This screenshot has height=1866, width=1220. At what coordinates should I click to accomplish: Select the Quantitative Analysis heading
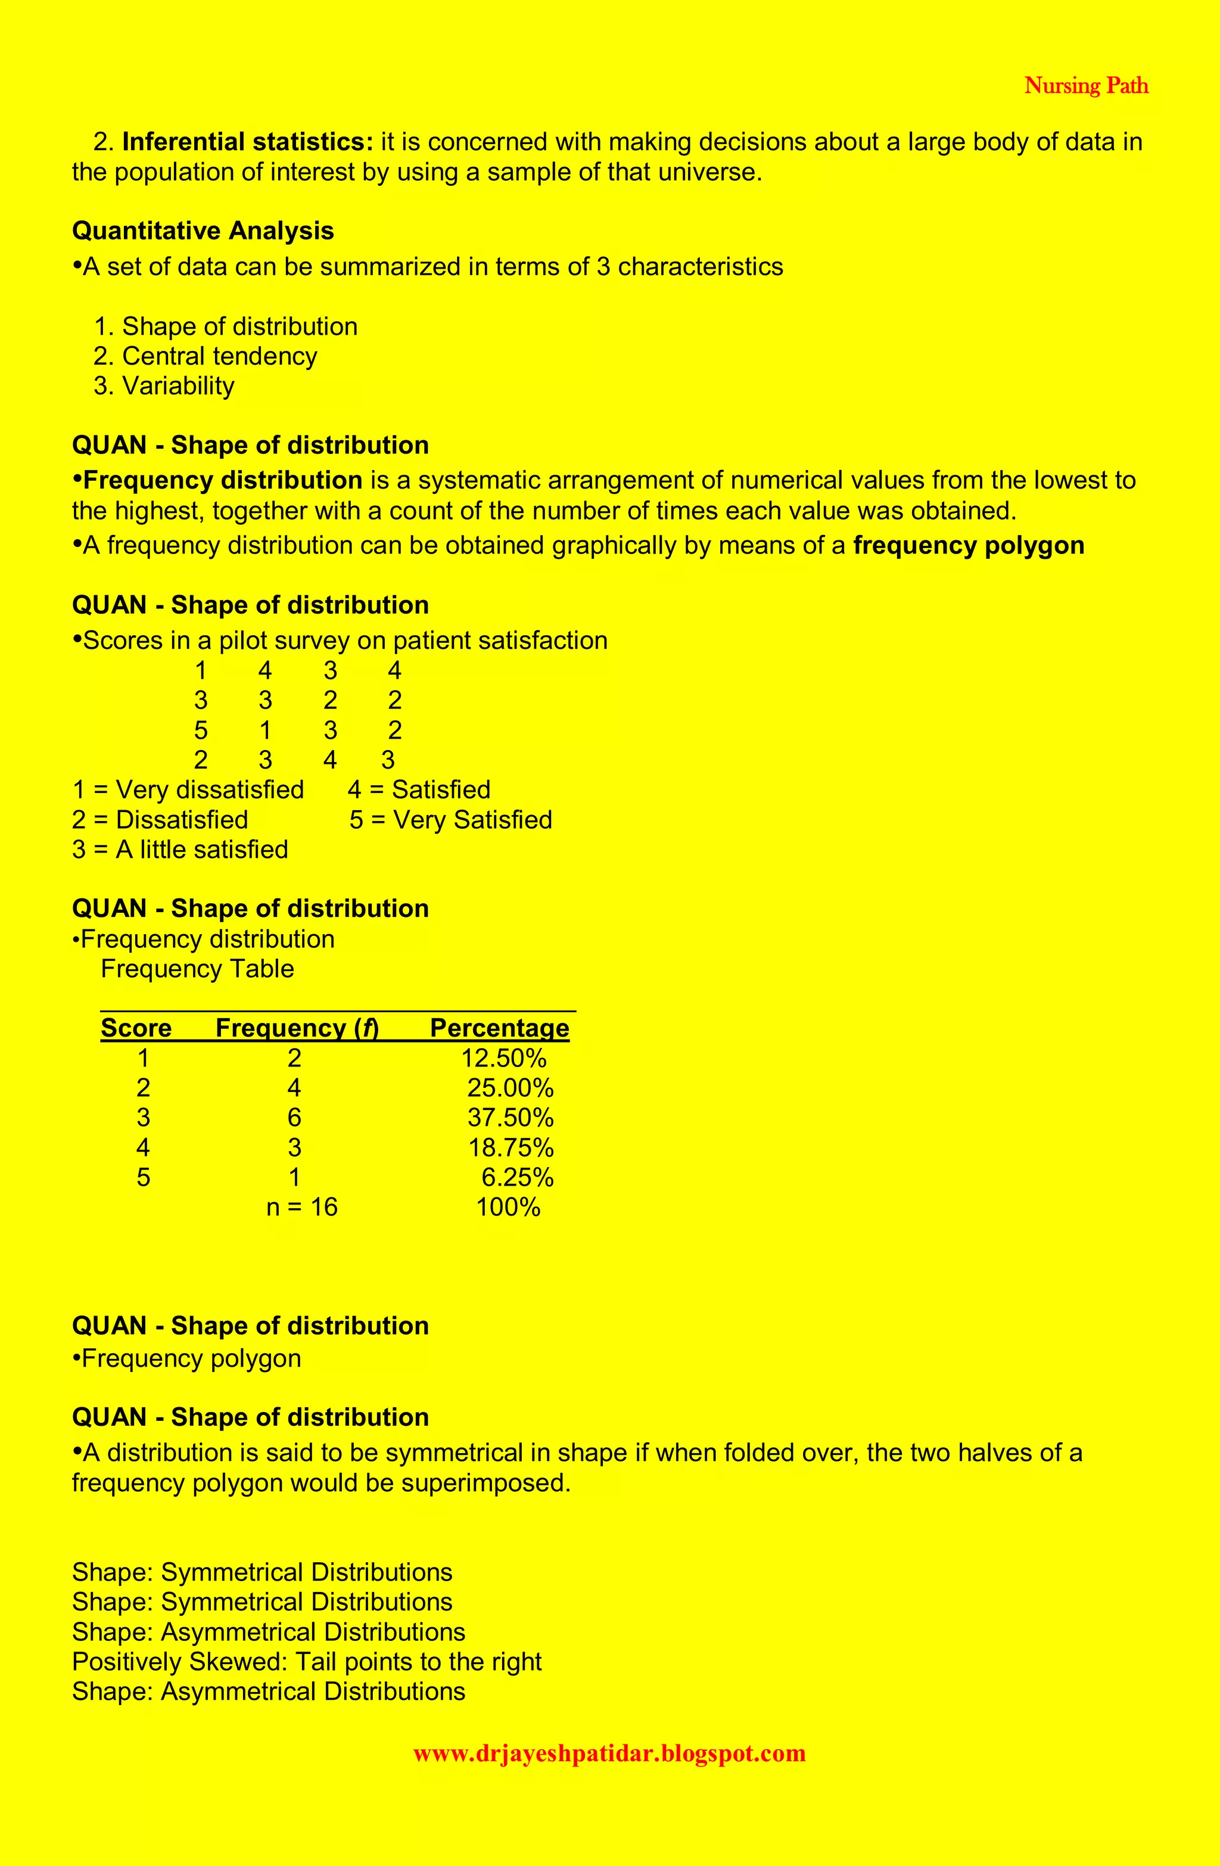point(203,231)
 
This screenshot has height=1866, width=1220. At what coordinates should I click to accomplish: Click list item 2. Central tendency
point(206,356)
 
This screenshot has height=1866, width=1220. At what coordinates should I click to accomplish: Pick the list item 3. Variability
point(164,385)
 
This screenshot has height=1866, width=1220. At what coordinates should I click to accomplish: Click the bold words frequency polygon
point(969,546)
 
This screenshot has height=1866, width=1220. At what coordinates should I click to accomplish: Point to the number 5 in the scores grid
point(201,730)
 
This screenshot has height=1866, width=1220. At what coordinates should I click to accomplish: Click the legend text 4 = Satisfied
point(419,789)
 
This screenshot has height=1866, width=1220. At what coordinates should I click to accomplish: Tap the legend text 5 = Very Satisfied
point(451,820)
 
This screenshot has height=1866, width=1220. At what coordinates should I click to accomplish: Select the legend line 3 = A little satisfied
point(180,850)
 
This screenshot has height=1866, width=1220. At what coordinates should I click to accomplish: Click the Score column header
point(136,1028)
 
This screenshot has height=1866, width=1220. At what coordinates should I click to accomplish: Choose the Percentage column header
point(499,1028)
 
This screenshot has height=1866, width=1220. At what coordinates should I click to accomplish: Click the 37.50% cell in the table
point(511,1118)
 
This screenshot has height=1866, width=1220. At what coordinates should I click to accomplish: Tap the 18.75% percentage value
point(511,1148)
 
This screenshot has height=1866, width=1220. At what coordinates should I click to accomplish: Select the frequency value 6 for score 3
point(294,1118)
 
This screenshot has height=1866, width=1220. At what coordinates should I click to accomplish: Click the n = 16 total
point(302,1206)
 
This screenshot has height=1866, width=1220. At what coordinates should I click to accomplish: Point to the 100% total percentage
point(508,1206)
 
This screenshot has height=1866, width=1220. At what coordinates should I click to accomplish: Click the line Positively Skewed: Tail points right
point(307,1662)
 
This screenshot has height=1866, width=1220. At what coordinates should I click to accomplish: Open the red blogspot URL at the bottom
point(609,1753)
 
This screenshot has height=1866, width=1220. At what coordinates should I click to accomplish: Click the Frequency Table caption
point(198,969)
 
